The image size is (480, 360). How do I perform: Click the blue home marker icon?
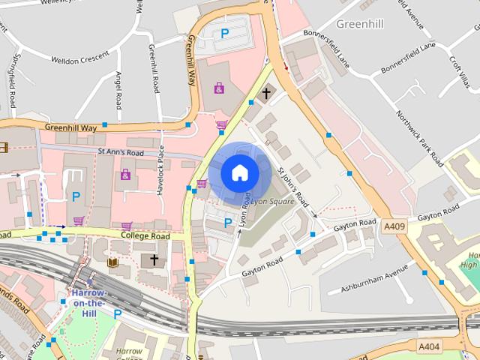point(239,172)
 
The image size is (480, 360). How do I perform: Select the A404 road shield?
point(428,346)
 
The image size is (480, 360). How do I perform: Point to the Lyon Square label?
point(271,202)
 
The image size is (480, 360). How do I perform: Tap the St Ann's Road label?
point(120,151)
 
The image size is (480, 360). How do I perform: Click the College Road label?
point(145,235)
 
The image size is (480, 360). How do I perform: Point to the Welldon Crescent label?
point(80,58)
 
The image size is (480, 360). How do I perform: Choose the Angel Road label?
point(118,88)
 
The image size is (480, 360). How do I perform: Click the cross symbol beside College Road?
point(154,259)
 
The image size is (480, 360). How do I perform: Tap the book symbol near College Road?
point(112,262)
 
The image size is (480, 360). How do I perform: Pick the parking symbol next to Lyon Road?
point(228,223)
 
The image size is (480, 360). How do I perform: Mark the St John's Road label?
point(293,187)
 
